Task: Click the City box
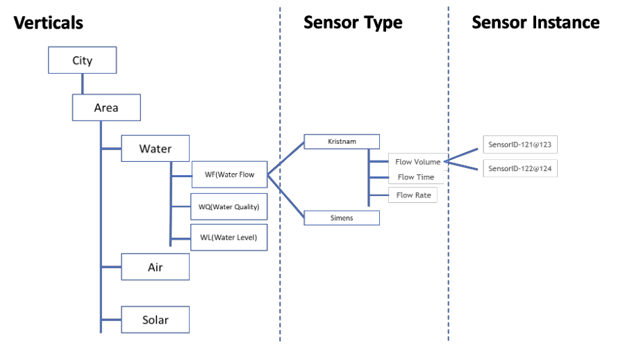point(82,60)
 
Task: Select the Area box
point(106,108)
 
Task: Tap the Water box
point(155,149)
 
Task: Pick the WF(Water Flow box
point(229,175)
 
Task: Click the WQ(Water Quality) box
point(228,207)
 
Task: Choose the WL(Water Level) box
point(228,238)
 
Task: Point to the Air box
point(155,267)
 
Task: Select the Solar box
point(155,320)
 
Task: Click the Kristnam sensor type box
point(341,142)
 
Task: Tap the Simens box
point(341,218)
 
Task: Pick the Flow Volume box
point(417,162)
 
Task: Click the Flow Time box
point(415,177)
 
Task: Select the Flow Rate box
point(413,195)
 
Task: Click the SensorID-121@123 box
point(520,145)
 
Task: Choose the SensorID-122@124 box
point(520,169)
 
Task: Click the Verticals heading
point(49,23)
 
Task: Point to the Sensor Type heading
point(353,23)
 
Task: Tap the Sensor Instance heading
point(535,22)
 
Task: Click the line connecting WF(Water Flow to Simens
point(285,197)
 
